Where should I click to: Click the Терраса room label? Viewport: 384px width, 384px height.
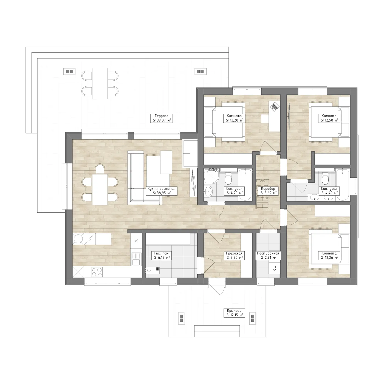161,116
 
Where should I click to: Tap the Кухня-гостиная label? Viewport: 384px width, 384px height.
161,188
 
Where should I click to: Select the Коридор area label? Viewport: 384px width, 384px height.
268,188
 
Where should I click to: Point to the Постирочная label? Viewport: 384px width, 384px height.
268,253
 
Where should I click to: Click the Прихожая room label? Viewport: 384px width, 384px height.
234,253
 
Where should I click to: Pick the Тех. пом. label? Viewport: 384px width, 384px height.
161,253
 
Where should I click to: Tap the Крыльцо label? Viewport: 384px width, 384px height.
234,310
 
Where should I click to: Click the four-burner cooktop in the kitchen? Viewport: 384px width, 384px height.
97,272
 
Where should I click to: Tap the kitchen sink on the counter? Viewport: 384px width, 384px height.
136,259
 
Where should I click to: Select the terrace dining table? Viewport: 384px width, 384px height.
100,83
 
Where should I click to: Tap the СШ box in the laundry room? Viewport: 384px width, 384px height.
274,268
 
